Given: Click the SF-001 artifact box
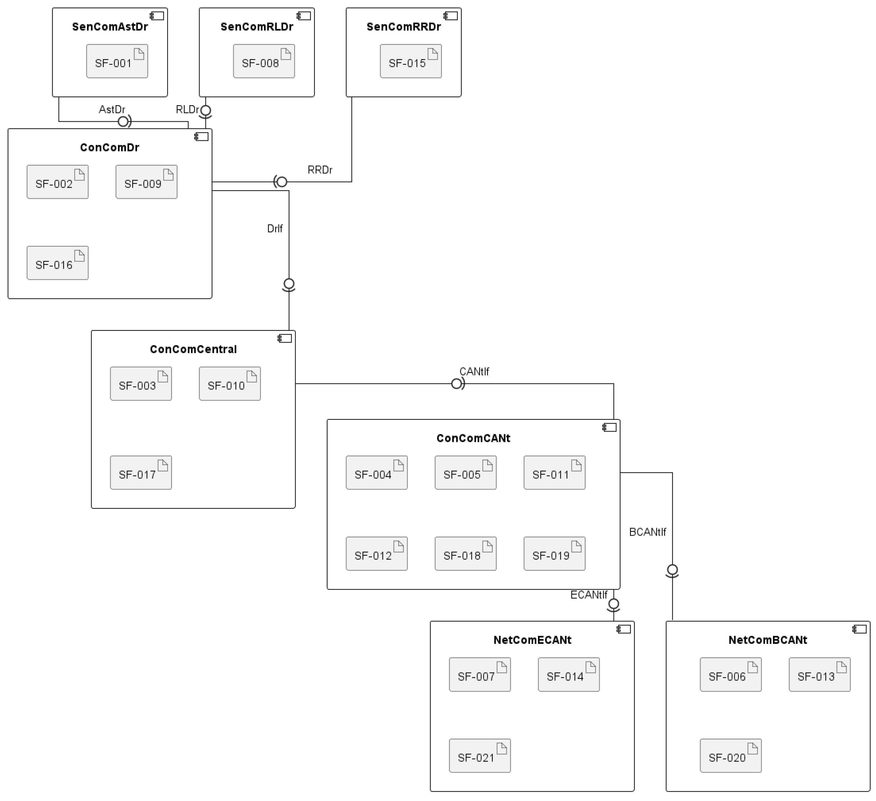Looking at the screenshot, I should pos(117,61).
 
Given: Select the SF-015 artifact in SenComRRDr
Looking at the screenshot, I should pos(411,61).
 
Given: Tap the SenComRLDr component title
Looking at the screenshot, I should pos(257,27).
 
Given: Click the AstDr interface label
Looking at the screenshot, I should pos(112,109).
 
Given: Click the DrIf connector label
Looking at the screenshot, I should pos(275,229).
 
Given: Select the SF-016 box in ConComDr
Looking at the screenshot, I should pos(57,263).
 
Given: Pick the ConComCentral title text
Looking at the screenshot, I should pos(193,349).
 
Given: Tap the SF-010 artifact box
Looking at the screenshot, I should pos(229,384).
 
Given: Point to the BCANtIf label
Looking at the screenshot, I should pos(647,532).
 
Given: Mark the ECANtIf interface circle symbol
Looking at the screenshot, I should pos(614,604).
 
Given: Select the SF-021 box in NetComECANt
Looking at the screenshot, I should pos(480,756).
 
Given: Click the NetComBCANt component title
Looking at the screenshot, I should pos(768,640).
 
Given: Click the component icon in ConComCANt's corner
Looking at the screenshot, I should pos(609,428).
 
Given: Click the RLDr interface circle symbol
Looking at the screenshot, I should pos(205,111).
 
